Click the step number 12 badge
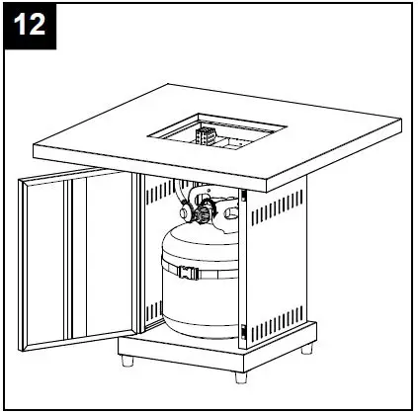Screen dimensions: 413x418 (x=31, y=25)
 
